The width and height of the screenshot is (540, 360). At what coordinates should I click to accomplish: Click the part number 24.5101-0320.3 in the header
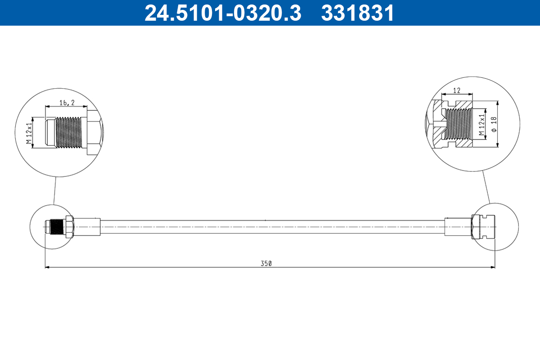[222, 13]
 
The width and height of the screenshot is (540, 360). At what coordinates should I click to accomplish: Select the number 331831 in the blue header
[357, 13]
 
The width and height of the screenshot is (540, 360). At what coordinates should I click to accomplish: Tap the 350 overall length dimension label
[266, 263]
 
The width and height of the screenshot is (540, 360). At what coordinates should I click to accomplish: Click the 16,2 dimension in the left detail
[67, 103]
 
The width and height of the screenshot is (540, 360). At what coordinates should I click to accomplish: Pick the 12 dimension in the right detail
[457, 90]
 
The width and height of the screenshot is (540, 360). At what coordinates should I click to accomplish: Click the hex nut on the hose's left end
[69, 227]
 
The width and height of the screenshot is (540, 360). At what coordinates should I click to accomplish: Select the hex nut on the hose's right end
[475, 226]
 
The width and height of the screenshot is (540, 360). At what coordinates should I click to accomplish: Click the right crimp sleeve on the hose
[457, 226]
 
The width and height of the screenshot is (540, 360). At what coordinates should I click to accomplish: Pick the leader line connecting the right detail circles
[486, 187]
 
